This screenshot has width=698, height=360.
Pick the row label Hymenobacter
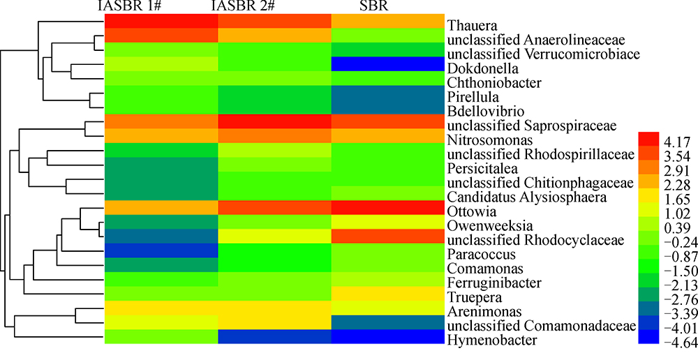(491, 340)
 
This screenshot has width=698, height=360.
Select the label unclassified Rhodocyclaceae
(526, 241)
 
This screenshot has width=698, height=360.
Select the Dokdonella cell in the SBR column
(387, 63)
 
